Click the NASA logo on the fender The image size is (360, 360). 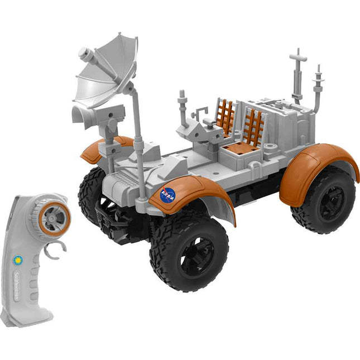[x=168, y=195]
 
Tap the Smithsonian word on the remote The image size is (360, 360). [x=16, y=286]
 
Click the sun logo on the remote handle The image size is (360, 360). [x=18, y=260]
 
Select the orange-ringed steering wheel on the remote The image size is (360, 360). [x=54, y=218]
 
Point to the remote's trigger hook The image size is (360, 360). [x=55, y=249]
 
